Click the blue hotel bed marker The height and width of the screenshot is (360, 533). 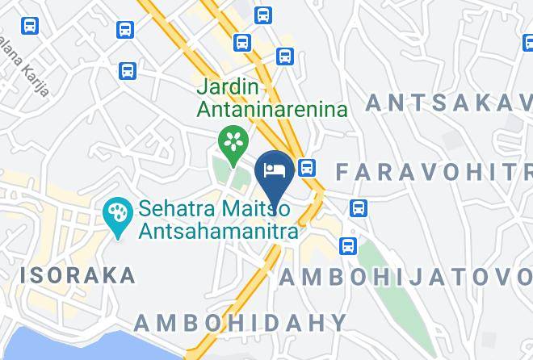coord(274,170)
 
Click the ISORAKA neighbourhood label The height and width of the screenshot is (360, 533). coord(78,275)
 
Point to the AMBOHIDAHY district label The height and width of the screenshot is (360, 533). coord(240,323)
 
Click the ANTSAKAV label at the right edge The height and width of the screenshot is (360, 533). coord(449,103)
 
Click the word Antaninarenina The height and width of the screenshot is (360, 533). coord(272,108)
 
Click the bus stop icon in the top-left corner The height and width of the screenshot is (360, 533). coord(30,26)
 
